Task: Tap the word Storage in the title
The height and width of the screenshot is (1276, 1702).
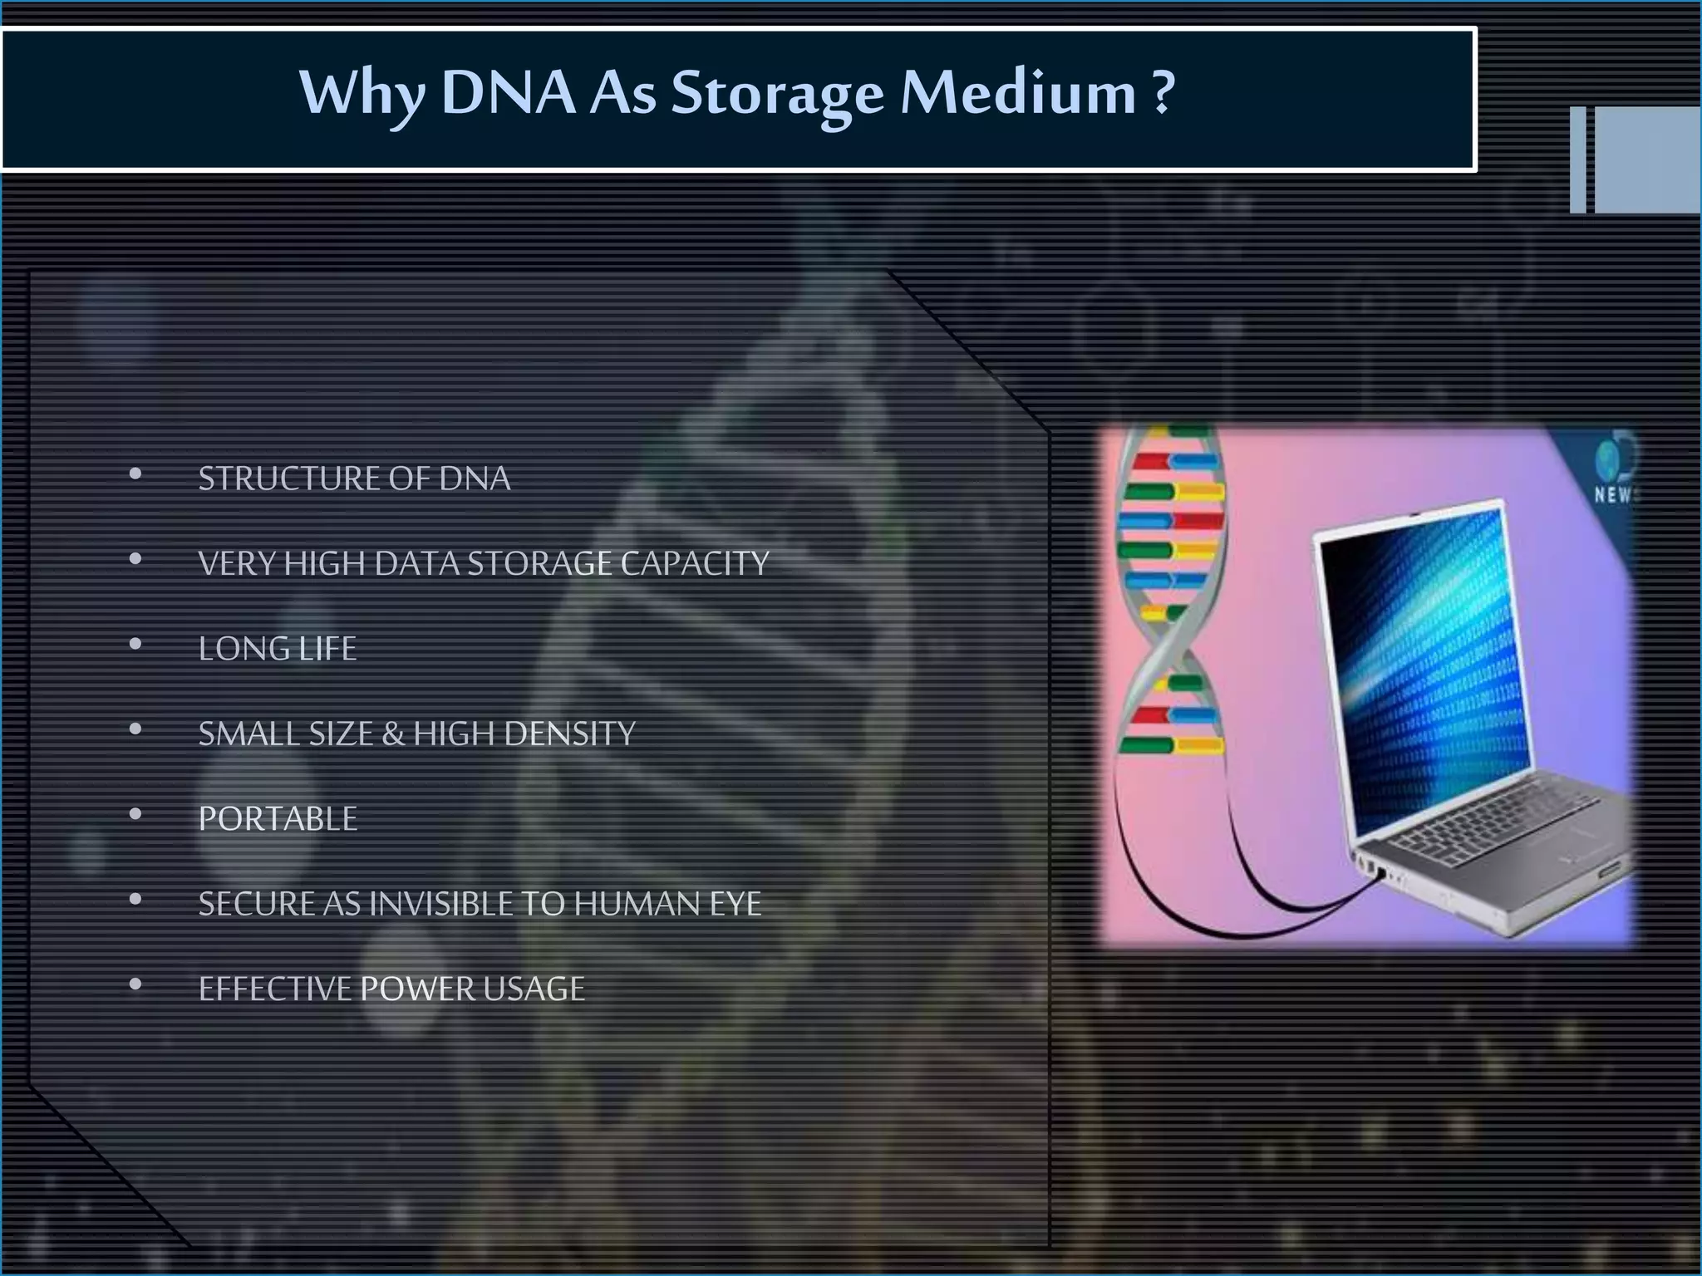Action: tap(777, 94)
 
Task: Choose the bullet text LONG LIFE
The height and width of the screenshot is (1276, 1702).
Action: tap(278, 649)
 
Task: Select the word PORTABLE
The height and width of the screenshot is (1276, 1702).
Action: tap(278, 819)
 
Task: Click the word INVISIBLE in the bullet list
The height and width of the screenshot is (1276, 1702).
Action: tap(440, 904)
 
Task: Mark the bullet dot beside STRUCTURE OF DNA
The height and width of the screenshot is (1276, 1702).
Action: tap(135, 474)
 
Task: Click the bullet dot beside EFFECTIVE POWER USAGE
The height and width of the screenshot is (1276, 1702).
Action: tap(135, 984)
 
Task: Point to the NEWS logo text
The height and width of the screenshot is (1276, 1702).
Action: tap(1614, 495)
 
